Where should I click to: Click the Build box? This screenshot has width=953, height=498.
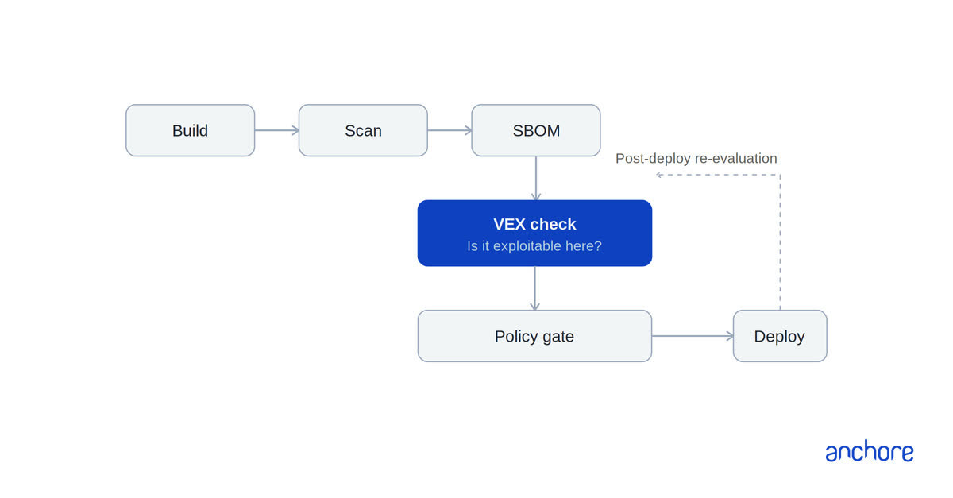coord(190,130)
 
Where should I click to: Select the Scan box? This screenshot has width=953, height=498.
coord(363,130)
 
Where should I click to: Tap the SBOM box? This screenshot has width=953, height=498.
coord(535,130)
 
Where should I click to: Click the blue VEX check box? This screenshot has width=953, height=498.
coord(534,234)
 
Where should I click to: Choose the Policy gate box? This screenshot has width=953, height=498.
coord(534,336)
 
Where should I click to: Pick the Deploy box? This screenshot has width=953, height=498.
coord(780,336)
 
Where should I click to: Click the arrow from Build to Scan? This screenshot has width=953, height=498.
coord(277,130)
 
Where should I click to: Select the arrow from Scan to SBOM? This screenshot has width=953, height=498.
coord(449,130)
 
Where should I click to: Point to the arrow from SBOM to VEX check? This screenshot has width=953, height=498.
coord(536,179)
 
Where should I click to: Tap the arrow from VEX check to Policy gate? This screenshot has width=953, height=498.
coord(534,288)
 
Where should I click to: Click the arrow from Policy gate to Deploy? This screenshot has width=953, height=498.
coord(693,336)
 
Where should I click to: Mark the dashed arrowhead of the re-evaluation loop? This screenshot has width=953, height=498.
coord(658,175)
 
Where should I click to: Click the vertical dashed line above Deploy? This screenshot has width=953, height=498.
coord(780,242)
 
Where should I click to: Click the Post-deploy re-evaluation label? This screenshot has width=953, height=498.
coord(696,158)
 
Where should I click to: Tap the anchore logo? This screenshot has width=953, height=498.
coord(869,451)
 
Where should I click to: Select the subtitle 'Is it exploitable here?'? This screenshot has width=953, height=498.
coord(534,246)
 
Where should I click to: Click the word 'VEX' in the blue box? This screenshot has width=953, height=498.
coord(509,224)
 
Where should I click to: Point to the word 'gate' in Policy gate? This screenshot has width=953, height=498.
coord(558,337)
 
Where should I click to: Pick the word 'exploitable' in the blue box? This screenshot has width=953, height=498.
coord(527,246)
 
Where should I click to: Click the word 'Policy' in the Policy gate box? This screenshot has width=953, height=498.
coord(516,336)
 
